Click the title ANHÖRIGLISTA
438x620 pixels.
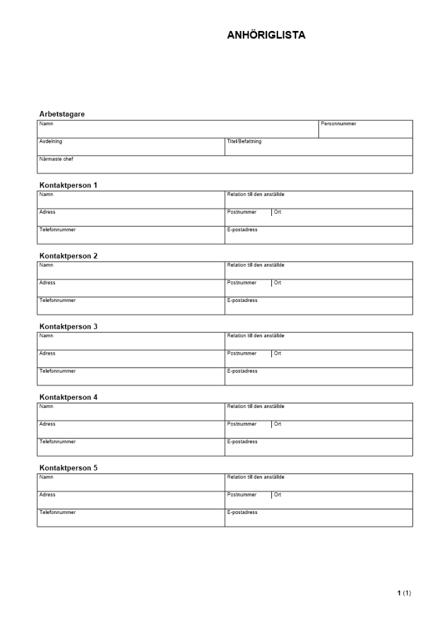pos(266,35)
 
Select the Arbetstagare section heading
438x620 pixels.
pos(62,114)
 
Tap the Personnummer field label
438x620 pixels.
pos(338,124)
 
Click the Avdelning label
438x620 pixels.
pos(51,141)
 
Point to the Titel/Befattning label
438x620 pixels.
pos(244,141)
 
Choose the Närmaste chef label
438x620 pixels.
pos(56,159)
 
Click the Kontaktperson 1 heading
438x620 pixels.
pos(68,185)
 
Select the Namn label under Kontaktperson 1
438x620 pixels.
pos(46,195)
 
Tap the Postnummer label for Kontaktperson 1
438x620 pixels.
pos(242,212)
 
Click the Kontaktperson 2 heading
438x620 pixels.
pos(68,255)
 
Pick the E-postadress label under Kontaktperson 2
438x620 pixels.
pos(242,300)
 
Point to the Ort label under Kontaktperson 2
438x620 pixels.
pos(278,283)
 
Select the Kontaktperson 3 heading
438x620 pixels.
pos(68,326)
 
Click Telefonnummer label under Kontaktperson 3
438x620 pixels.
pos(58,371)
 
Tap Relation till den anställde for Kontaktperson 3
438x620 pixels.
pos(256,336)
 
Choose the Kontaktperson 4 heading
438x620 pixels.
pos(68,397)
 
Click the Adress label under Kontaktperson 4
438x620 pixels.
pos(47,424)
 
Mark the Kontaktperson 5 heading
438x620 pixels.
pos(68,467)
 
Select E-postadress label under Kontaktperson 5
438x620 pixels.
pos(242,512)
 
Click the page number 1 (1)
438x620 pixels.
pos(404,593)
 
